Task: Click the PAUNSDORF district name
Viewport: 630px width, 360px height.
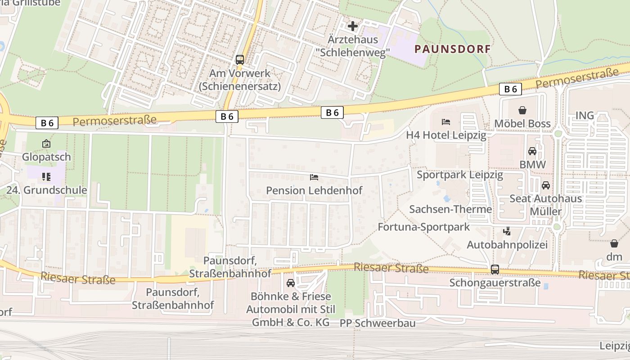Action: [452, 49]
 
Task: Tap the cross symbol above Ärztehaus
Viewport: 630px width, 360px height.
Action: [353, 26]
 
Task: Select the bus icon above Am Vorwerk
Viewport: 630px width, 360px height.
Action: [240, 59]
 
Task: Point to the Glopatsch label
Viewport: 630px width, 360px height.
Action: [47, 157]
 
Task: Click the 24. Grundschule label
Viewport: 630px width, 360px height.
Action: [47, 190]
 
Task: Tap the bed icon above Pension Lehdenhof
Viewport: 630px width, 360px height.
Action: [314, 177]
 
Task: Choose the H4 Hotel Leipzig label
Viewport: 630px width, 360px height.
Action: [446, 135]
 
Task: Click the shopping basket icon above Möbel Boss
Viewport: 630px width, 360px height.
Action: [522, 110]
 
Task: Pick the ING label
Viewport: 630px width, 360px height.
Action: [585, 116]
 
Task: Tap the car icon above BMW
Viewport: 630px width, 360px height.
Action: [532, 151]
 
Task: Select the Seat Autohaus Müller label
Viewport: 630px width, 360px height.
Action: [545, 205]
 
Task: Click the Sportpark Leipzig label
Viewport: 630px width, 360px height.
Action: [459, 175]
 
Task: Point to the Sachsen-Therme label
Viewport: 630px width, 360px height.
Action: [450, 209]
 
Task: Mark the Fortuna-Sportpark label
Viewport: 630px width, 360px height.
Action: [423, 227]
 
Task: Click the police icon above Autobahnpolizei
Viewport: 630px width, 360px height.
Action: [507, 232]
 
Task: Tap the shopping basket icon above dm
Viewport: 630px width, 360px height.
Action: [614, 243]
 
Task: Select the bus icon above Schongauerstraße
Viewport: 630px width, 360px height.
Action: [495, 270]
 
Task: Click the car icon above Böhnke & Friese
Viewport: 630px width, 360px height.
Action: [291, 283]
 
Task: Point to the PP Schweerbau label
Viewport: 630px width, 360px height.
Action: [371, 323]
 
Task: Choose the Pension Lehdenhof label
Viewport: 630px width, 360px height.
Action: [314, 190]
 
